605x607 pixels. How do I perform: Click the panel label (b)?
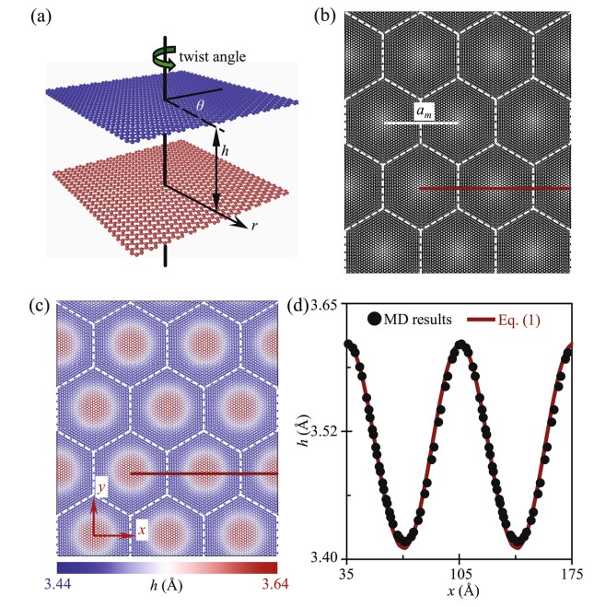tap(321, 17)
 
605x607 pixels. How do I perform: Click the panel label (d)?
tap(321, 307)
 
